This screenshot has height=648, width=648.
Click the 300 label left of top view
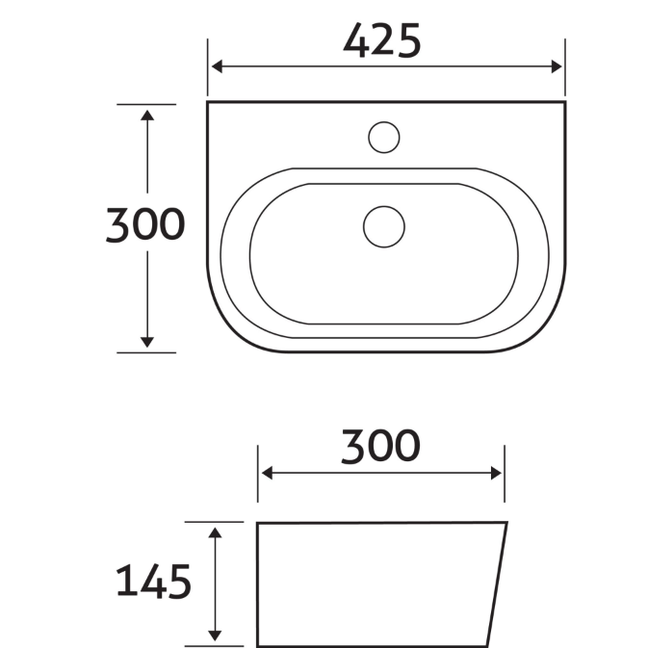coord(144,225)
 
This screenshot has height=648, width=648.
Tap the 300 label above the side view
coord(381,446)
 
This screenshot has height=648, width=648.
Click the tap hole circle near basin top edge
coord(383,137)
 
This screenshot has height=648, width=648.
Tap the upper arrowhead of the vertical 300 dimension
coord(146,117)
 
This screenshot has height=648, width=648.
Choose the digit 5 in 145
coord(180,583)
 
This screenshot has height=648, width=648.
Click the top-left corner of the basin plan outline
coord(208,101)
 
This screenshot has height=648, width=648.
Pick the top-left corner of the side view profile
coord(258,525)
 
